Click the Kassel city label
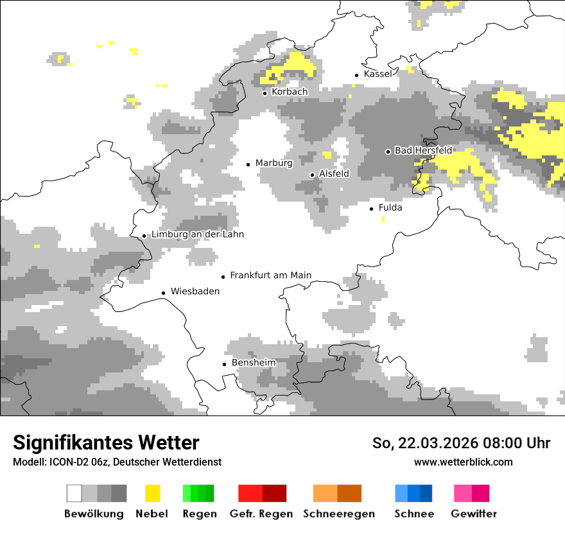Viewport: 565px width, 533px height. pos(378,74)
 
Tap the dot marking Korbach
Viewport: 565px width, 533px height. pos(265,93)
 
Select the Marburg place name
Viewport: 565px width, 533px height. pos(274,163)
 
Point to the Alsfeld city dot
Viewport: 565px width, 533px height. pos(313,175)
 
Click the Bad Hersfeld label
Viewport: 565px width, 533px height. pos(423,151)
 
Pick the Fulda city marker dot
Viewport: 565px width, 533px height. pos(371,209)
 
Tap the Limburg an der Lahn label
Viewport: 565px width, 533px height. pos(197,234)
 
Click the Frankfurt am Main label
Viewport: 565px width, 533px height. pos(270,275)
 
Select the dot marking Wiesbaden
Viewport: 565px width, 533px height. pos(164,293)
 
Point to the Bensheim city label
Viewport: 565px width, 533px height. pos(254,363)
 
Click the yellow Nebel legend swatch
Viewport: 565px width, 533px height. pos(152,493)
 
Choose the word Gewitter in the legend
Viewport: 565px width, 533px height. pos(474,514)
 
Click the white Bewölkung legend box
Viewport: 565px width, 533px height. pos(74,493)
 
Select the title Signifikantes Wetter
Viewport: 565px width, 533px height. pos(106,443)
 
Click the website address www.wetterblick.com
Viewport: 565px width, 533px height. pos(463,462)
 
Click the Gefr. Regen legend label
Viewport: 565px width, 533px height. pos(261,514)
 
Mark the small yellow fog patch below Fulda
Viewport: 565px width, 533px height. pos(383,220)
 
